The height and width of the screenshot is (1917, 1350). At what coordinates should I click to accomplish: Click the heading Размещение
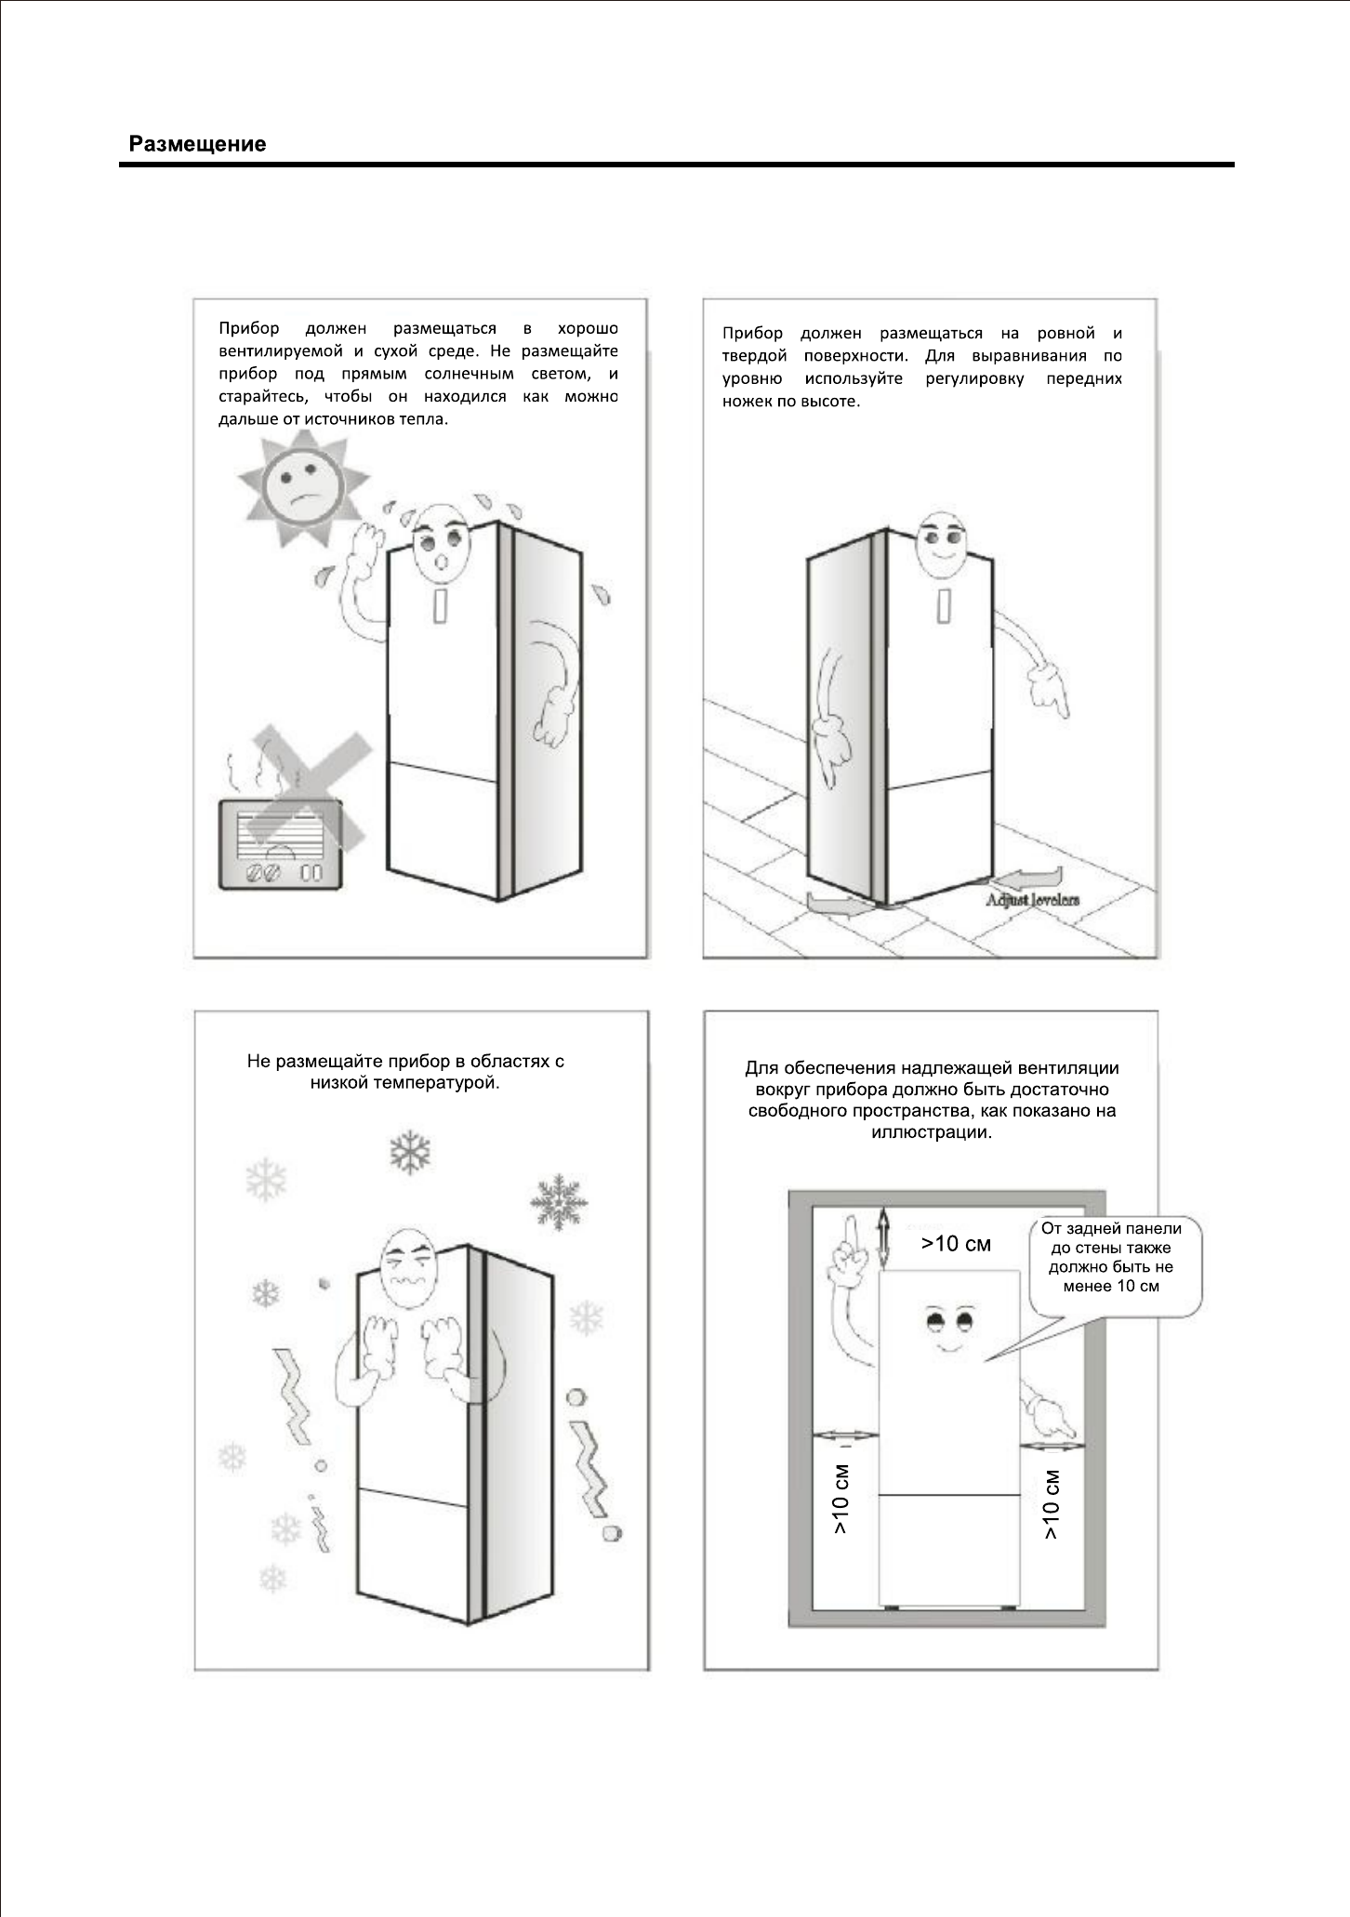pos(197,144)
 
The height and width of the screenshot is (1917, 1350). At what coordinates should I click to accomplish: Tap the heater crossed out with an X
pos(280,844)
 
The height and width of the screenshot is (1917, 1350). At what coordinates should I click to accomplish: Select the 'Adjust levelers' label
pos(1033,900)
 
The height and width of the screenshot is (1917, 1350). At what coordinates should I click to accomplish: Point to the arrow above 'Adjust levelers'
pos(1027,879)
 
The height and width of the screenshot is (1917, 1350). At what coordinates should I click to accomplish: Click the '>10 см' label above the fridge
pos(956,1244)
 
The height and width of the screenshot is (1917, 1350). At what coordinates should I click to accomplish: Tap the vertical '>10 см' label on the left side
pos(840,1500)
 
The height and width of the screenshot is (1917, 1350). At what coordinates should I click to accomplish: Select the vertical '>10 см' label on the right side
pos(1052,1505)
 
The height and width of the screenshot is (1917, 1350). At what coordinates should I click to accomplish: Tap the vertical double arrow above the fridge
pos(883,1239)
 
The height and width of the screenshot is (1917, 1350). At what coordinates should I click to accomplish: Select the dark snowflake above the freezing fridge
pos(410,1152)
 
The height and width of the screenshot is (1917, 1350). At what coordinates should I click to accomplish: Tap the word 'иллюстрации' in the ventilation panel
pos(932,1133)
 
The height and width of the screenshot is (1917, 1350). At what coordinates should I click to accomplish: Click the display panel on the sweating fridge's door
pos(440,605)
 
